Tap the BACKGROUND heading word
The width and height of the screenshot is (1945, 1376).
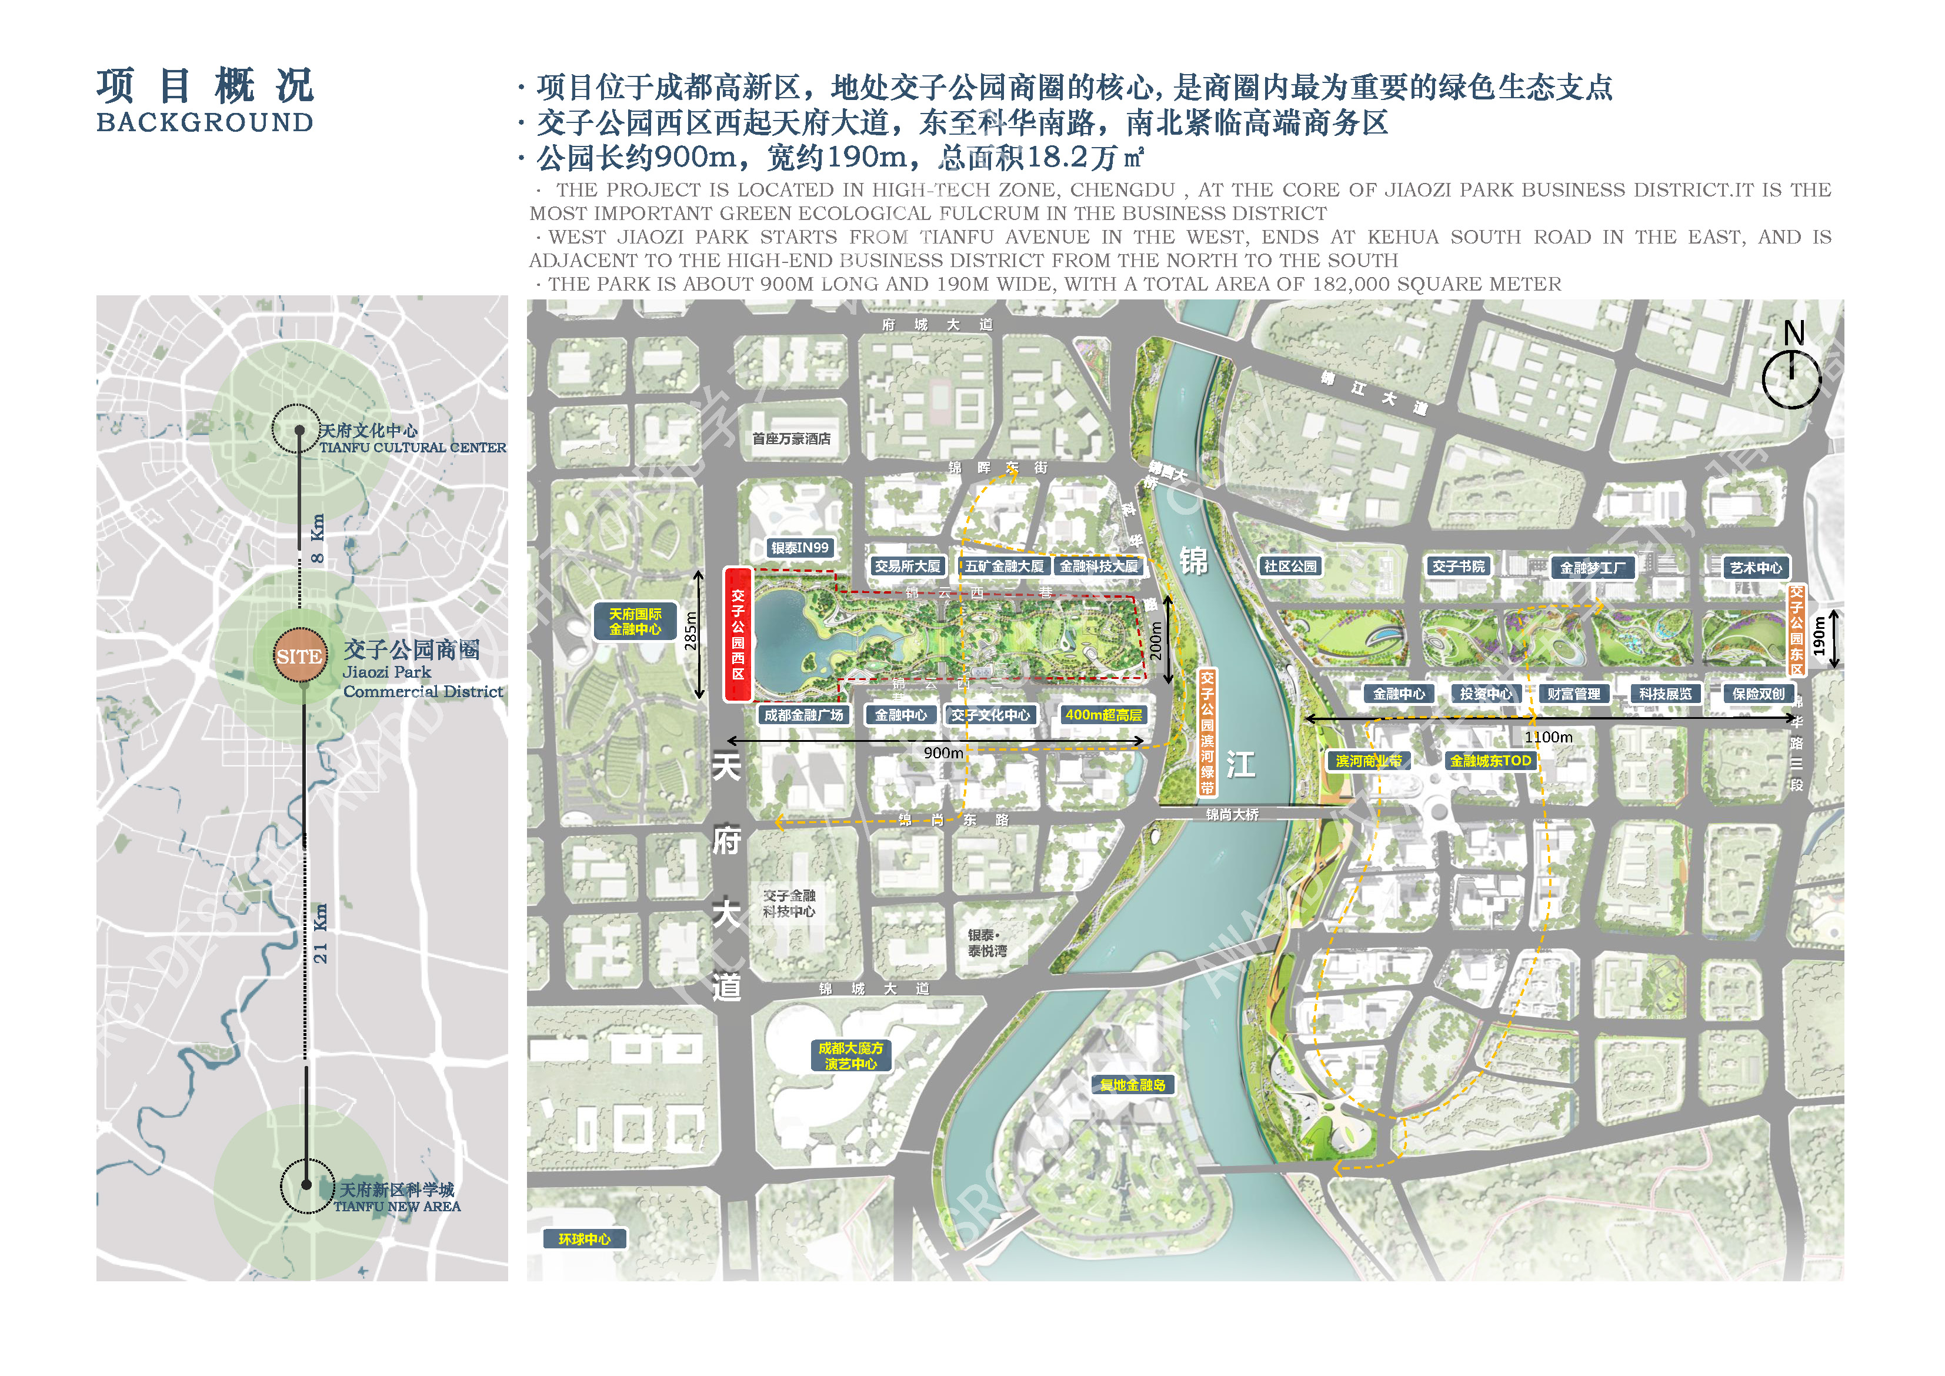pos(205,123)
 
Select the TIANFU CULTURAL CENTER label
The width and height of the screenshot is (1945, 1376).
pos(412,447)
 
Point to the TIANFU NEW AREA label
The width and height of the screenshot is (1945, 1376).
pos(398,1207)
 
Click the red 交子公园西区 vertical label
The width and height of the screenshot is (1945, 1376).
pos(738,635)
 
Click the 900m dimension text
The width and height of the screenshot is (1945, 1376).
pos(943,753)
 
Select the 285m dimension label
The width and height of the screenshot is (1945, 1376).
pos(691,631)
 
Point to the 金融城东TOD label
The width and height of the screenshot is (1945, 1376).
pos(1491,761)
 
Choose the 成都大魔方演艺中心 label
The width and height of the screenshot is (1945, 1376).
pos(850,1056)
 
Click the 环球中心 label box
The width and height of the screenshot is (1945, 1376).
pos(585,1239)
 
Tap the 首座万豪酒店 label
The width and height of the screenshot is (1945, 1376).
pos(791,439)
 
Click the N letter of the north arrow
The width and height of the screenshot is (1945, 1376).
pos(1793,333)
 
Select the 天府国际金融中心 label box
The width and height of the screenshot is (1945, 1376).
pos(635,621)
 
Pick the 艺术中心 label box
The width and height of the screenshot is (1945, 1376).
pos(1755,568)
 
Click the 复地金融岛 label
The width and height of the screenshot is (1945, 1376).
pos(1133,1085)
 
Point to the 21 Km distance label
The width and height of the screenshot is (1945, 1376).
pos(320,934)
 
